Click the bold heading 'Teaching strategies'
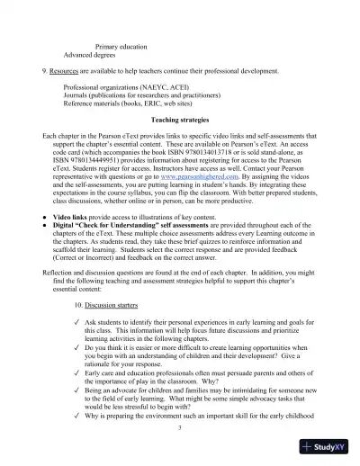tap(180, 120)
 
